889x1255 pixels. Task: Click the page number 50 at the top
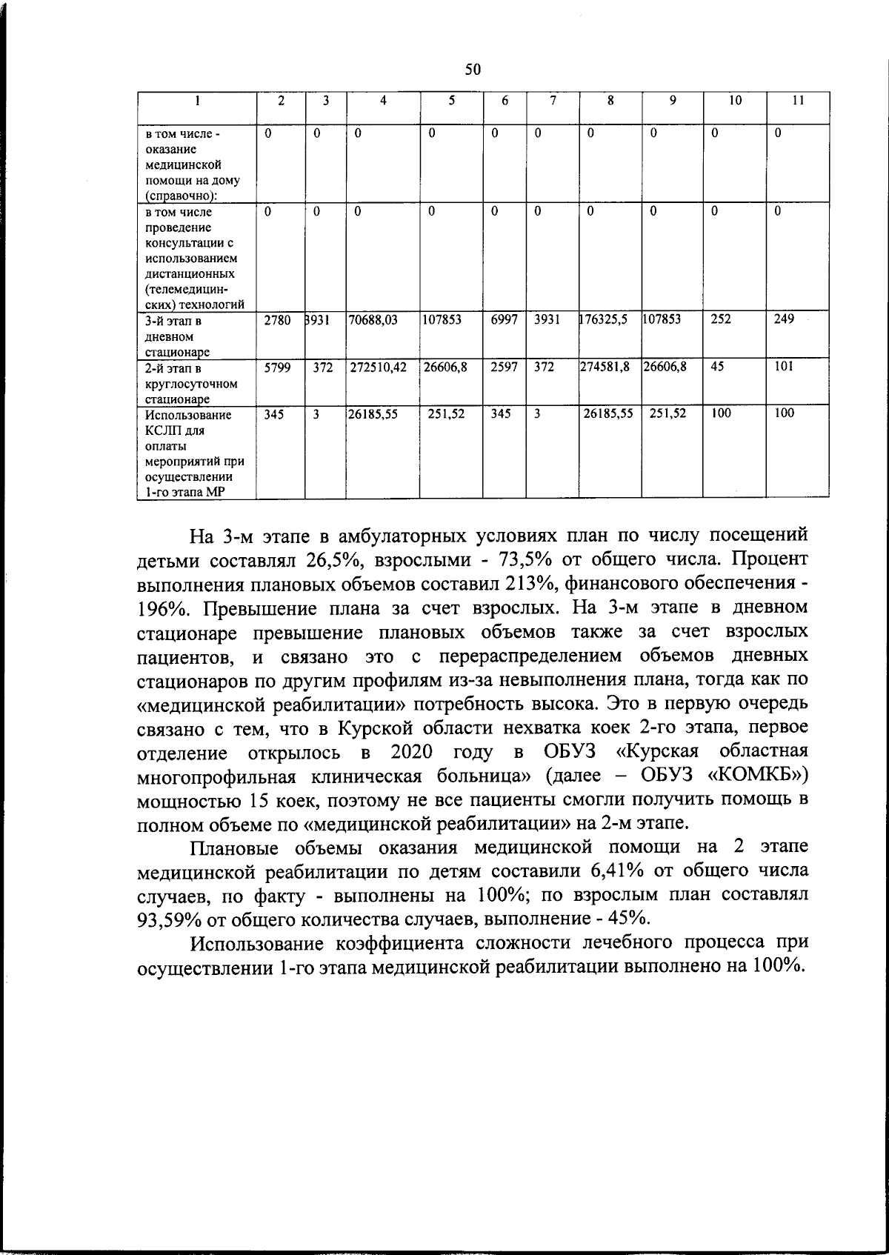(473, 70)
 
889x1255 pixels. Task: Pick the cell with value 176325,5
(604, 319)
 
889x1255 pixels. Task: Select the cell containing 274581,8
(605, 367)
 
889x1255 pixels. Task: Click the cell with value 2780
(277, 319)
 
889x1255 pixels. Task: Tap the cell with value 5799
(277, 367)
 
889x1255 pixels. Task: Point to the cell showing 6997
(503, 319)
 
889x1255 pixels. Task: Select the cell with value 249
(784, 319)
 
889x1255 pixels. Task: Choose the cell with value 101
(784, 367)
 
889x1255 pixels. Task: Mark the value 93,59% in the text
(168, 919)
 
